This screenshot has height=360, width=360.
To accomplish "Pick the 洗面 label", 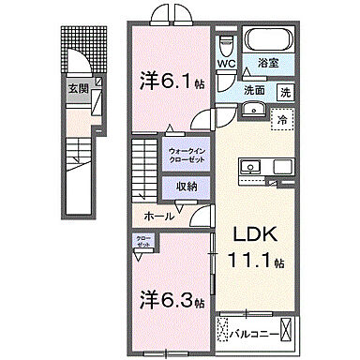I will pyautogui.click(x=254, y=92).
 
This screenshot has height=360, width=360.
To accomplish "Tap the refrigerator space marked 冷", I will pyautogui.click(x=280, y=118).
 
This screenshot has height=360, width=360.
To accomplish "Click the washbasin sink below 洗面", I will pyautogui.click(x=251, y=110).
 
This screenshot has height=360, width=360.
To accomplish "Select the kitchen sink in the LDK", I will pyautogui.click(x=252, y=168).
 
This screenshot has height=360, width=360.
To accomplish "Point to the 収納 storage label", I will pyautogui.click(x=187, y=186).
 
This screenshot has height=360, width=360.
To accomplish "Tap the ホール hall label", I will pyautogui.click(x=157, y=216).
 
